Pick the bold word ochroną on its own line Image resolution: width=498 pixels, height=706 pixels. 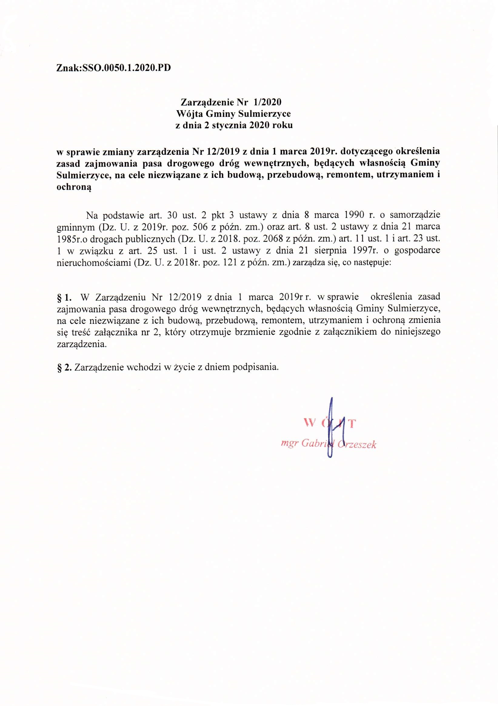[x=74, y=188]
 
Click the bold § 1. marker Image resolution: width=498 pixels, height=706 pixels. [x=65, y=297]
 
